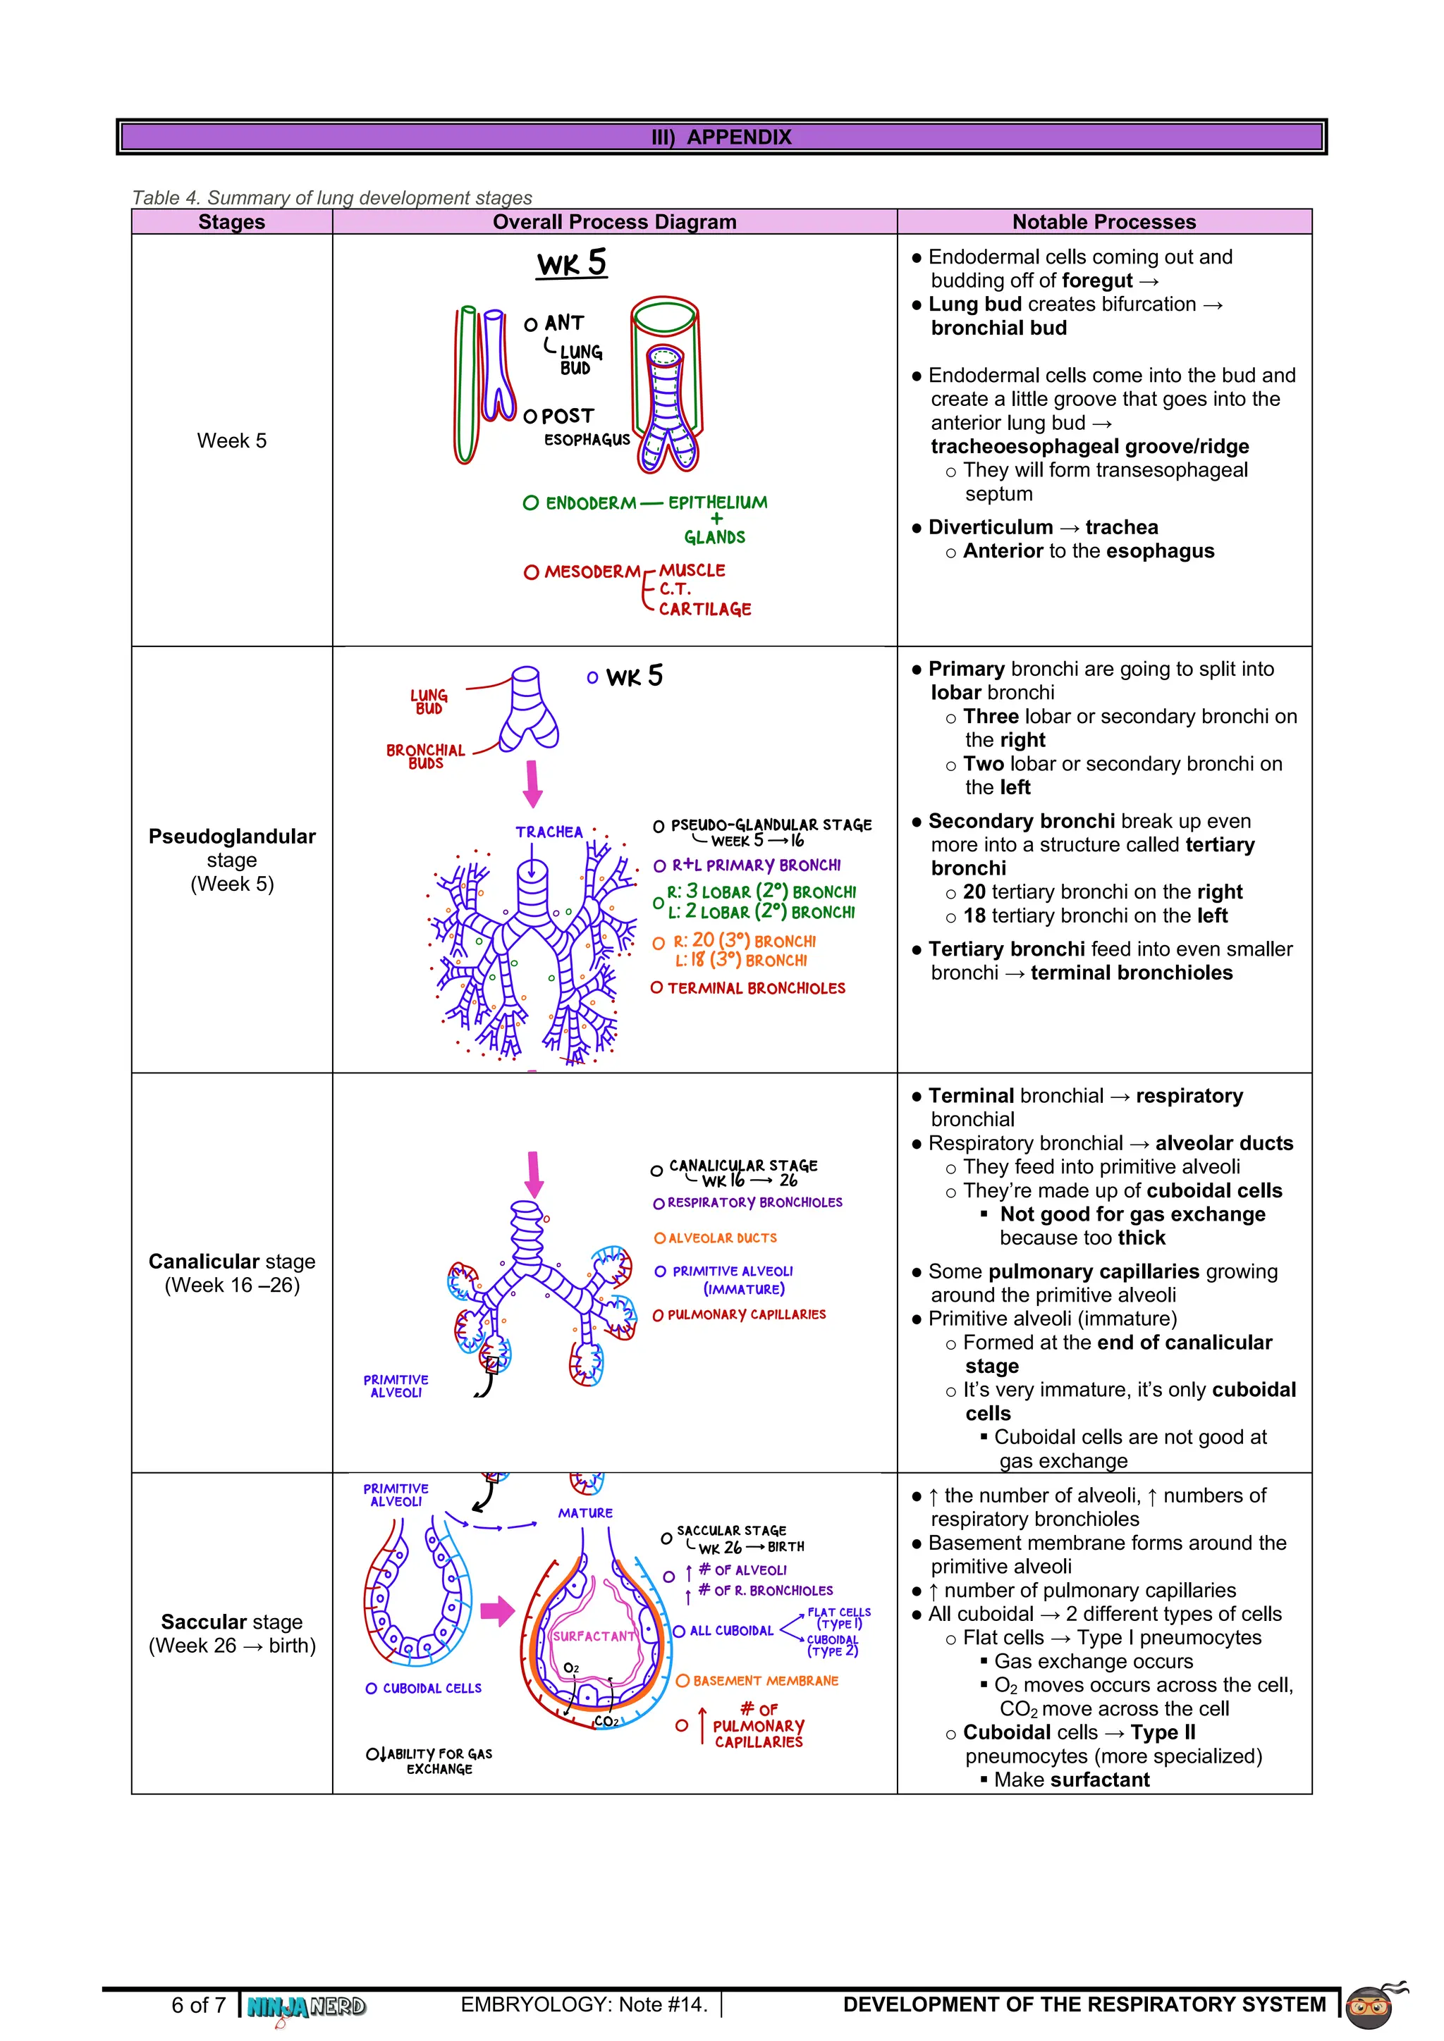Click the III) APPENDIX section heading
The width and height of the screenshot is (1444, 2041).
pos(721,137)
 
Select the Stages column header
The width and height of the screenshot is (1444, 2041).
pos(231,221)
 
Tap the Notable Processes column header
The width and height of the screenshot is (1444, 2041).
pos(1103,221)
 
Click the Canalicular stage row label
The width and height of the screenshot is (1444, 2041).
pos(231,1272)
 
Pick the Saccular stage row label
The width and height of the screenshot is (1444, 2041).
pos(231,1633)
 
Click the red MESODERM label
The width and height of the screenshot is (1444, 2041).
pos(592,572)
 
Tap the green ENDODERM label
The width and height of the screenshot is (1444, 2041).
pos(590,503)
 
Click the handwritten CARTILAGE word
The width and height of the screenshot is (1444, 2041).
pos(704,610)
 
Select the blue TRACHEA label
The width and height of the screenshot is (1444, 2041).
pos(549,832)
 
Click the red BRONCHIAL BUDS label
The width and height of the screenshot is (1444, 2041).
pos(425,756)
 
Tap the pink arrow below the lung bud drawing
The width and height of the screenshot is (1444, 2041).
pos(532,783)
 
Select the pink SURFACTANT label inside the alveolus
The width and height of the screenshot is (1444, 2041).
pos(593,1636)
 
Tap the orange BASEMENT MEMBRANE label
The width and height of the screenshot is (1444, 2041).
pos(766,1681)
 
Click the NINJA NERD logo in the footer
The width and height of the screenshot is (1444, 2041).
pos(306,2006)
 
